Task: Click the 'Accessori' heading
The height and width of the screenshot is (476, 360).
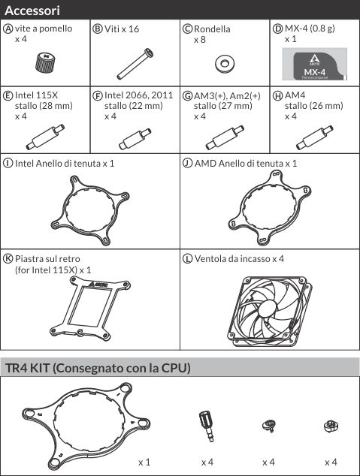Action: pyautogui.click(x=32, y=11)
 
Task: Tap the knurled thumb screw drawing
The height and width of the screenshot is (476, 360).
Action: pyautogui.click(x=46, y=62)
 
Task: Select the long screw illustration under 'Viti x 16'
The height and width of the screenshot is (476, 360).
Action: pyautogui.click(x=135, y=64)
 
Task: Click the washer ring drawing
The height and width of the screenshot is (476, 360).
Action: pyautogui.click(x=225, y=64)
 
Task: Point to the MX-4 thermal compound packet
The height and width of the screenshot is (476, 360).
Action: pyautogui.click(x=314, y=64)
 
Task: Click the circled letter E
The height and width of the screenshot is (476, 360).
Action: pyautogui.click(x=8, y=95)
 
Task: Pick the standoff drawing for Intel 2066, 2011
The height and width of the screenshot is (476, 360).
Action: pyautogui.click(x=135, y=139)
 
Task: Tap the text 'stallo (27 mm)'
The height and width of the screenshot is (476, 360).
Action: pyautogui.click(x=223, y=106)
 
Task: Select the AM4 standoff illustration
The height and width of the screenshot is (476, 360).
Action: pyautogui.click(x=315, y=137)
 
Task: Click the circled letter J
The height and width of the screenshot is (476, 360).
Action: pyautogui.click(x=187, y=164)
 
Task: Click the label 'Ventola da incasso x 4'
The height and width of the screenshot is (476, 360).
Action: pyautogui.click(x=239, y=259)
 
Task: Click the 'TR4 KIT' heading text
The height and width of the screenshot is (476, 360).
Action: pyautogui.click(x=27, y=368)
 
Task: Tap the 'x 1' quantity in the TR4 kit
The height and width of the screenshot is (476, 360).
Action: pyautogui.click(x=144, y=462)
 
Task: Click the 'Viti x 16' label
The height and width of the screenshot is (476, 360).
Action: pyautogui.click(x=122, y=29)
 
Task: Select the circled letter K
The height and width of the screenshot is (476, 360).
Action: pyautogui.click(x=8, y=258)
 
